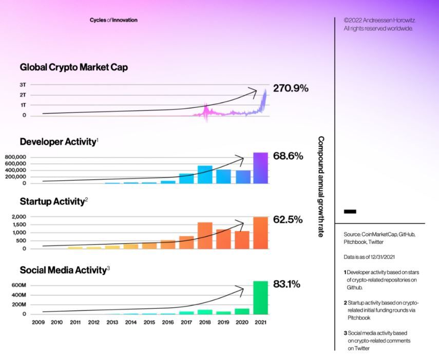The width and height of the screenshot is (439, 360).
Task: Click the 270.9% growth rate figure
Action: (291, 88)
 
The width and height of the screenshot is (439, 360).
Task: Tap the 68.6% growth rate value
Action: (288, 156)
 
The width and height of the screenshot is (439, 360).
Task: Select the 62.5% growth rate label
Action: (288, 219)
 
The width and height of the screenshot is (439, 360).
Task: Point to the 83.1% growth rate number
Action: (287, 284)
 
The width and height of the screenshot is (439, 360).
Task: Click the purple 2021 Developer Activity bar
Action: (261, 168)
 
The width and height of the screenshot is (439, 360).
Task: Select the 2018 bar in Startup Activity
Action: (205, 235)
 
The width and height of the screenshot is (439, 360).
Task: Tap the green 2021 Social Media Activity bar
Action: (261, 297)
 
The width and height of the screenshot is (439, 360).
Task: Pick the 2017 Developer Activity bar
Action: (186, 179)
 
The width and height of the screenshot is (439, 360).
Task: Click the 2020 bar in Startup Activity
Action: (242, 240)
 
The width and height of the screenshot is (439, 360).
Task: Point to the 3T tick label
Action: (23, 85)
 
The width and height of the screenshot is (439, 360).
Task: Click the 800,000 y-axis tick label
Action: (15, 157)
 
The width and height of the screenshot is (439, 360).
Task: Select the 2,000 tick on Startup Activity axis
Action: (19, 217)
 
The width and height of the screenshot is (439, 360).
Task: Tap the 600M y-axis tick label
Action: (19, 286)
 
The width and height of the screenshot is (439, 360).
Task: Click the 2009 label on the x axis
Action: (39, 322)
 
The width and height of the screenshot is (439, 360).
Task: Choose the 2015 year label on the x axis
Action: (149, 322)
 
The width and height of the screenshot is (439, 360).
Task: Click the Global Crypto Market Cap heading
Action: (74, 67)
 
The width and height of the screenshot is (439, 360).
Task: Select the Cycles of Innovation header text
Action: (113, 20)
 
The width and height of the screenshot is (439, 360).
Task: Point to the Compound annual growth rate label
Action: (321, 187)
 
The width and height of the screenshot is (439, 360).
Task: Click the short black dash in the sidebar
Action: (350, 212)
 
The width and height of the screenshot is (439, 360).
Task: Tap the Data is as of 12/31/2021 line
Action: (369, 257)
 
